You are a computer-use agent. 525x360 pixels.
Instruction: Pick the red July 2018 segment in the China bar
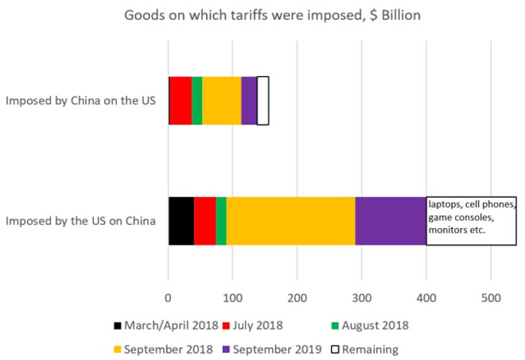point(181,101)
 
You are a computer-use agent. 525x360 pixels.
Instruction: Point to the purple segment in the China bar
point(249,101)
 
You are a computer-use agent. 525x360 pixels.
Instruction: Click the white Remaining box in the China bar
point(262,101)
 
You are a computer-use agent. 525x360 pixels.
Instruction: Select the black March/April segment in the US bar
point(181,221)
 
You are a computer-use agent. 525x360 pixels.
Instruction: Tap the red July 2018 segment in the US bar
point(204,221)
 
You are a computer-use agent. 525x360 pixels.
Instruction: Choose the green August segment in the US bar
point(221,221)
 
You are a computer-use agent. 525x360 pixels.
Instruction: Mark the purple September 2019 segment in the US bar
point(391,221)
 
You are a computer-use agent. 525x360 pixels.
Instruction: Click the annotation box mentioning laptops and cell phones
point(471,220)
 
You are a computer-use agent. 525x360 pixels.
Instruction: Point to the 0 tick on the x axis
point(168,298)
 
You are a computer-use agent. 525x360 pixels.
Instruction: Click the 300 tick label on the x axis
point(361,298)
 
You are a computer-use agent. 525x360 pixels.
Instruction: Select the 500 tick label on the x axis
point(491,298)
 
